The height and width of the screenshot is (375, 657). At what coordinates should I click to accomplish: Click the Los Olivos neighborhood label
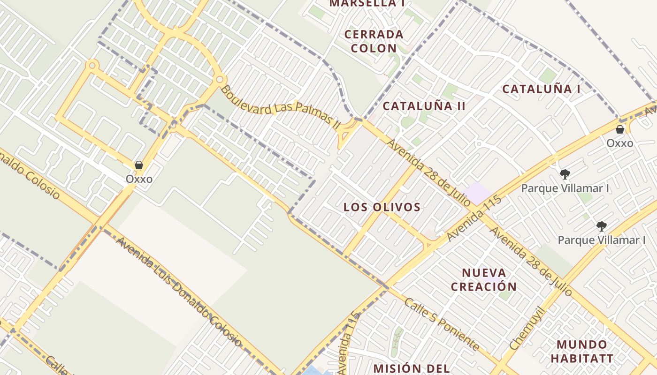[x=382, y=207]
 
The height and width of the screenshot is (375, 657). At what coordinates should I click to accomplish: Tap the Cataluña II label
[x=424, y=106]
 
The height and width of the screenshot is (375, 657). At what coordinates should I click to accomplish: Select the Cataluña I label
[x=541, y=89]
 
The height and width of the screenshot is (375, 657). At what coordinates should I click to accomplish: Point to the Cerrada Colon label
[x=374, y=41]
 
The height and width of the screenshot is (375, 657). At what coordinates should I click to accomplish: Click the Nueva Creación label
[x=484, y=280]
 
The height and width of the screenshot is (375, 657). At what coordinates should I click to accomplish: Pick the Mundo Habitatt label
[x=581, y=352]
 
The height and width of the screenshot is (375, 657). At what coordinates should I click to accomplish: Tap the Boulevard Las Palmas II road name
[x=280, y=107]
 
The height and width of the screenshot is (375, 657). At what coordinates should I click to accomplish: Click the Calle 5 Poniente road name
[x=442, y=324]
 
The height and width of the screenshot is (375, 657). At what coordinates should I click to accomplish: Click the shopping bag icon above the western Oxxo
[x=138, y=165]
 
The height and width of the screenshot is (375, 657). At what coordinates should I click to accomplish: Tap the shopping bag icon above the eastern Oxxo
[x=619, y=129]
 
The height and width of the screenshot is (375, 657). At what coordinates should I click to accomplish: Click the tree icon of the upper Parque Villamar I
[x=565, y=174]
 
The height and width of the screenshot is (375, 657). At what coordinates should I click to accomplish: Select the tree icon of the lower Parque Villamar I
[x=601, y=226]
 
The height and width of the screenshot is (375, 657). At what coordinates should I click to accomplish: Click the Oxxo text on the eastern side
[x=619, y=143]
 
